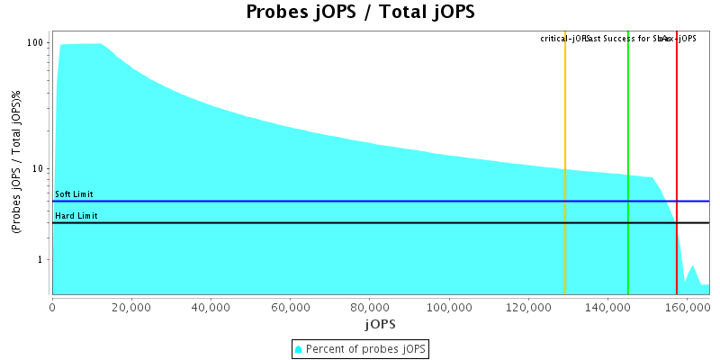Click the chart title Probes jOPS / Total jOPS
click(x=360, y=13)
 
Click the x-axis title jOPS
click(x=380, y=323)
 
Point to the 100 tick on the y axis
click(x=36, y=43)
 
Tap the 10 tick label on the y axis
click(x=39, y=169)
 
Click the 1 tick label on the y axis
click(x=41, y=260)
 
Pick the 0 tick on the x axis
click(x=53, y=307)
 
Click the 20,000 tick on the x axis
click(x=132, y=307)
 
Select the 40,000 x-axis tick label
click(x=211, y=307)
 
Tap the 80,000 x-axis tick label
click(x=370, y=307)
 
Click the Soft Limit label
click(x=74, y=194)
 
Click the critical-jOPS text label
click(x=563, y=39)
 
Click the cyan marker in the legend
click(x=299, y=348)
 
